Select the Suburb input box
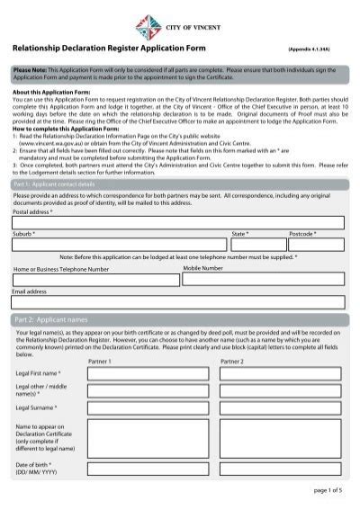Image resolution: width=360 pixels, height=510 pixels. click(x=119, y=245)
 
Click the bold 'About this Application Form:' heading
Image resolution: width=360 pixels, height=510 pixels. click(x=54, y=92)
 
